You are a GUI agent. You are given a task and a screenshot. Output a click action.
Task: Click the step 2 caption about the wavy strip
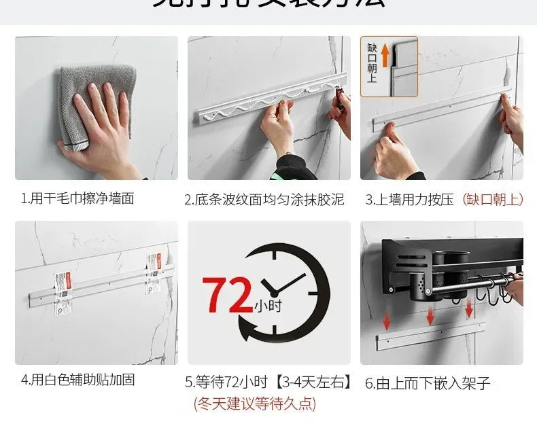[x=264, y=199]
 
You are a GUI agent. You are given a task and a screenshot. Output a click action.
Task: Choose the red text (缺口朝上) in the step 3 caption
[x=493, y=199]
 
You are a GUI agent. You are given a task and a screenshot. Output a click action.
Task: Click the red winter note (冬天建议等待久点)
[x=255, y=404]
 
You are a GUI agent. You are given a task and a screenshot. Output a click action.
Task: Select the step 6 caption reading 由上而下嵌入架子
[x=428, y=382]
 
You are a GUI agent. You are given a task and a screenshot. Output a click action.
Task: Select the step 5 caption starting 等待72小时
[x=268, y=382]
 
